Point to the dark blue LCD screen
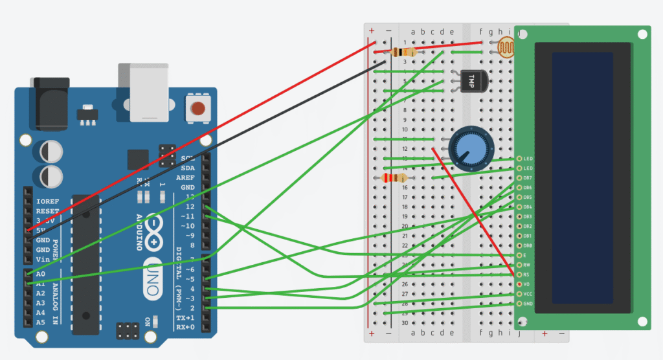tap(582, 178)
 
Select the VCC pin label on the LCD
tap(528, 294)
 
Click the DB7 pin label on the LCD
tap(528, 178)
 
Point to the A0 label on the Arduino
tap(41, 274)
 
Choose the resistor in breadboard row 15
tap(394, 178)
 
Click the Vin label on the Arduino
tap(43, 259)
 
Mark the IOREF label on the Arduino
tap(47, 202)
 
